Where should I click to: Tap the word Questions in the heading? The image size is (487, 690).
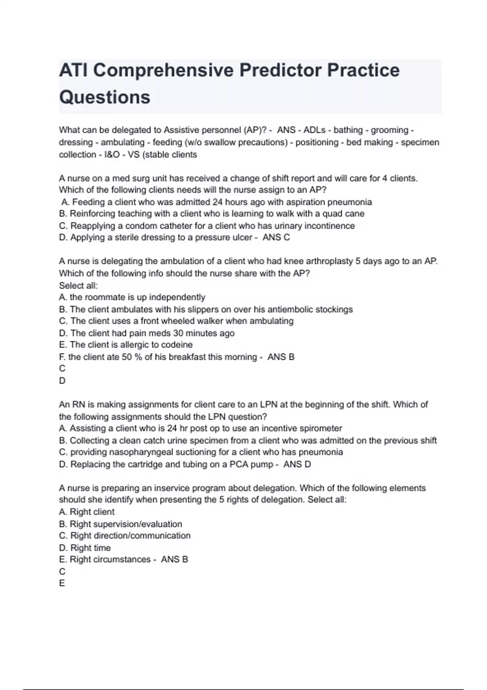click(x=105, y=97)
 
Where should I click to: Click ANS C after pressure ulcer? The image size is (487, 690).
click(x=276, y=237)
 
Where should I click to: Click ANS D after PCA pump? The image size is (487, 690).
click(x=297, y=464)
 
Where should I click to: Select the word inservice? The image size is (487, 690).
click(x=167, y=488)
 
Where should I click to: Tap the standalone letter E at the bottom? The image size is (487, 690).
click(x=62, y=583)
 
